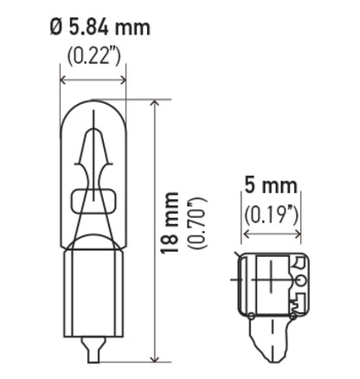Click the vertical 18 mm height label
tap(170, 223)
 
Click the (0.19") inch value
tap(272, 214)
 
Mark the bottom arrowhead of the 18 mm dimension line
tap(154, 357)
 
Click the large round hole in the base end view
tap(299, 280)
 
